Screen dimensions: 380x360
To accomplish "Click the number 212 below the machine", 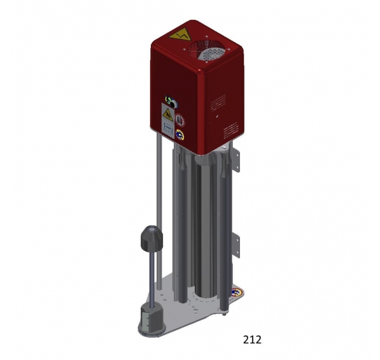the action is (x=252, y=340).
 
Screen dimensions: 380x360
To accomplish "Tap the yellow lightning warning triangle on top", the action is (x=180, y=36).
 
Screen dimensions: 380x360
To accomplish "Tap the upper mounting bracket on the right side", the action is (x=237, y=160).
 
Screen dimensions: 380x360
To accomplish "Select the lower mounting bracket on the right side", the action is (x=237, y=245).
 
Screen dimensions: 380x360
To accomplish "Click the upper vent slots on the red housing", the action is (x=218, y=103).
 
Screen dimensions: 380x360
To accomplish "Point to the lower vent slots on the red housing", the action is (x=230, y=130).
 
